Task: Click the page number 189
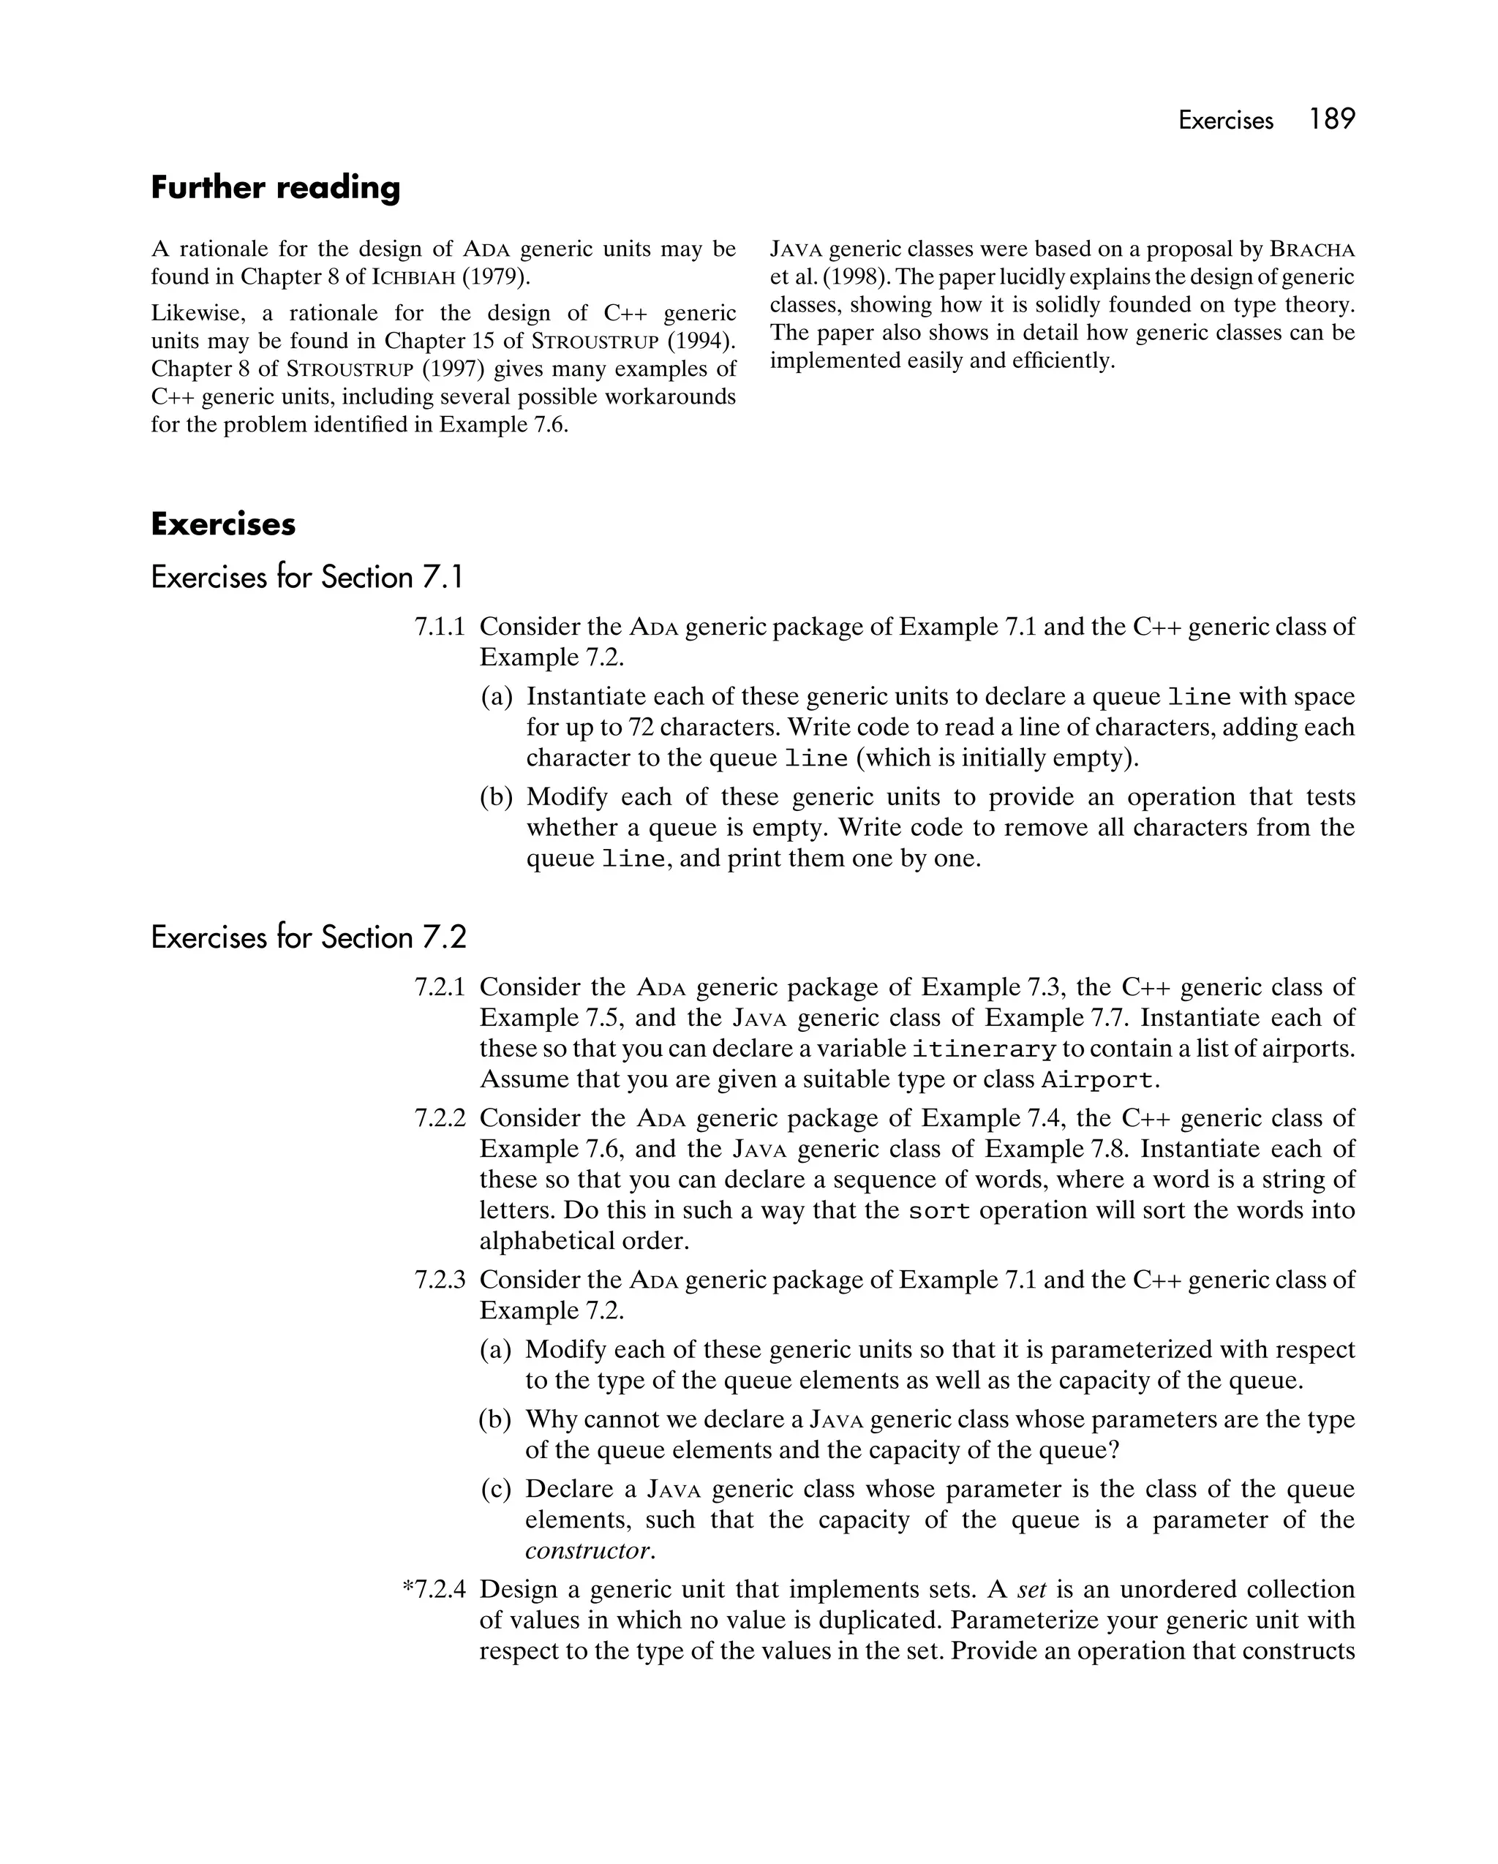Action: click(x=1331, y=119)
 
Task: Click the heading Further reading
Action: click(x=275, y=188)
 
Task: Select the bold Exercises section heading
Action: click(x=223, y=524)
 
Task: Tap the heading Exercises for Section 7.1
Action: click(x=307, y=577)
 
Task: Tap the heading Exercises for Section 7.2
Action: click(x=308, y=937)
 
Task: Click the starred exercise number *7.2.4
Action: click(x=434, y=1589)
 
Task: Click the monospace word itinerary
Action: click(x=985, y=1049)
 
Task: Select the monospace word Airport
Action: click(x=1096, y=1081)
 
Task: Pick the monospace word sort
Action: click(x=939, y=1211)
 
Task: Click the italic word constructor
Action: click(x=588, y=1550)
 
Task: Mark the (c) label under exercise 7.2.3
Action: click(x=497, y=1489)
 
